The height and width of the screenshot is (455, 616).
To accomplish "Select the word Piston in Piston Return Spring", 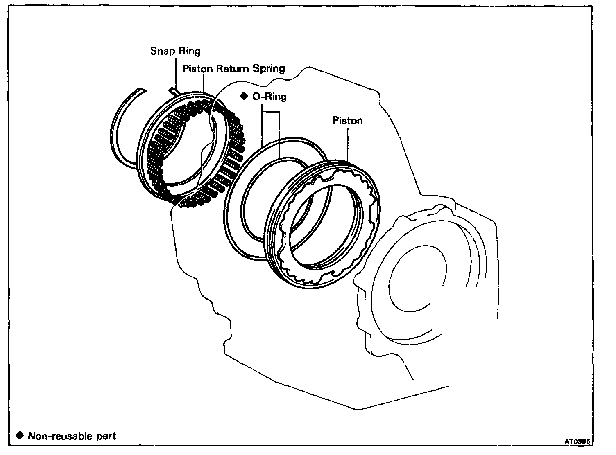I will click(x=197, y=68).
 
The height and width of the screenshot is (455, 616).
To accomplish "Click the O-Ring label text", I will click(x=269, y=97).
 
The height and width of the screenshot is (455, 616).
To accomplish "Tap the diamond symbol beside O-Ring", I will click(x=244, y=96).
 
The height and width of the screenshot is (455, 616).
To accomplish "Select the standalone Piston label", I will click(x=347, y=121).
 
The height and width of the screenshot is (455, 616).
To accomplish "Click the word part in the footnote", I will click(x=106, y=436).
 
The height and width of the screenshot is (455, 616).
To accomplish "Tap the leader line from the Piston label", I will click(x=348, y=143).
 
